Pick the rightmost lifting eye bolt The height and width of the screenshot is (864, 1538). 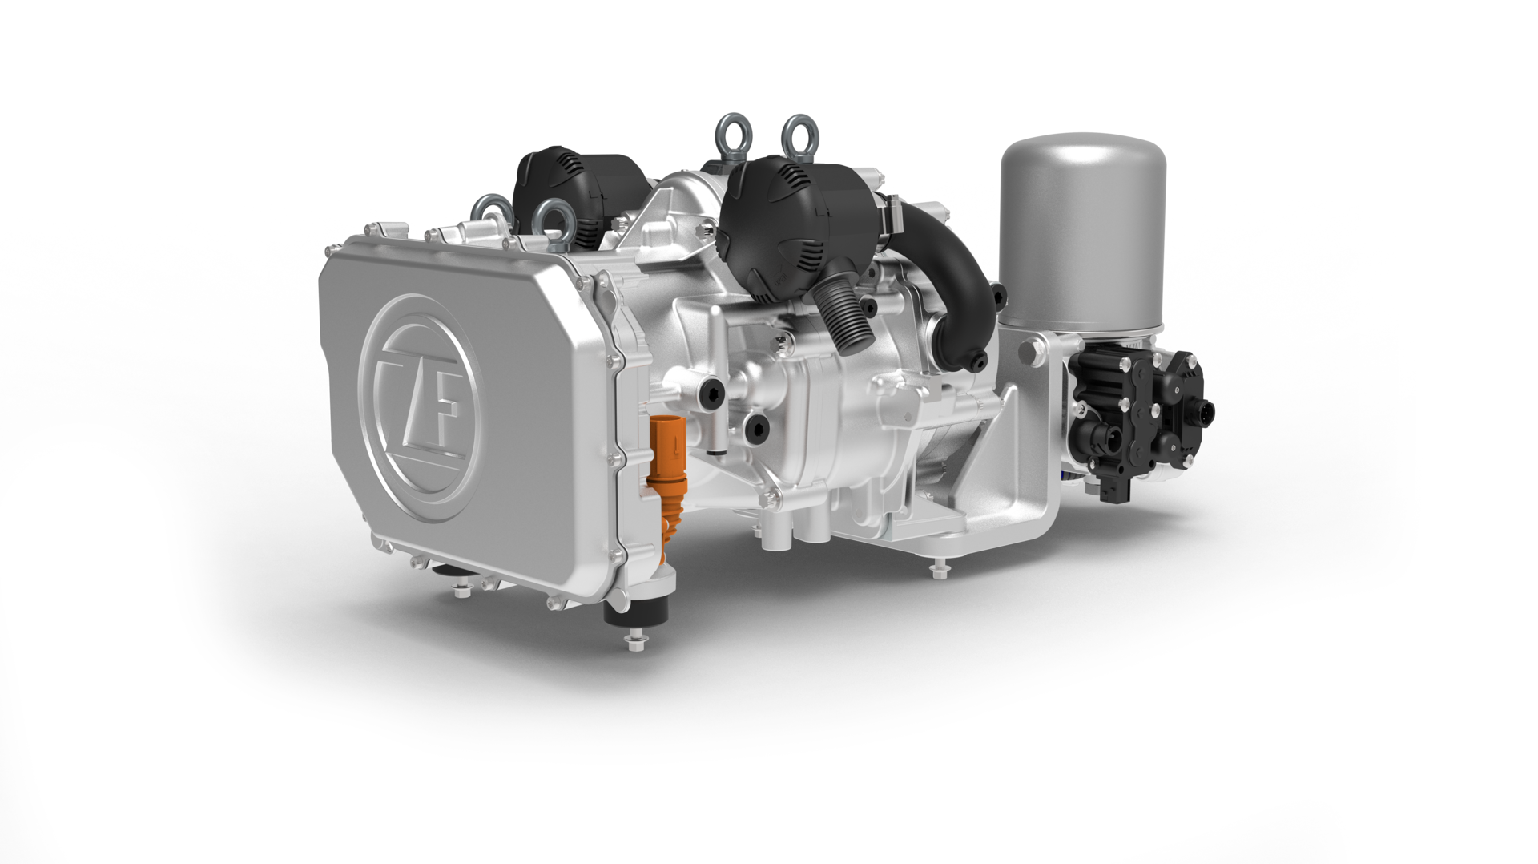pyautogui.click(x=799, y=135)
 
